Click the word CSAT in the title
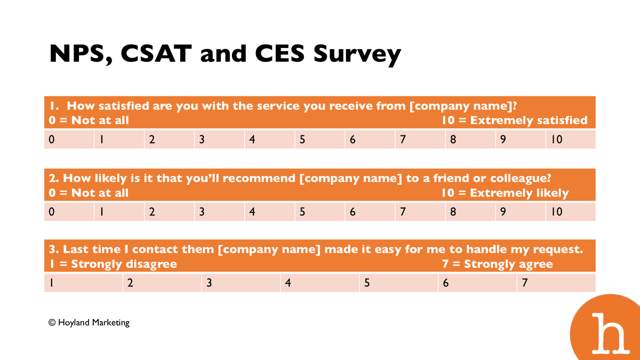[x=156, y=53]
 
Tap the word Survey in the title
[x=357, y=55]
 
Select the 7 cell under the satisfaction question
[x=420, y=139]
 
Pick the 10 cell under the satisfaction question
[x=571, y=139]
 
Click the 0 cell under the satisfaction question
[x=69, y=139]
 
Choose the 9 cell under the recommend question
[x=521, y=212]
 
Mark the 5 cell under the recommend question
[x=319, y=212]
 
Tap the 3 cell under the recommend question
[x=219, y=212]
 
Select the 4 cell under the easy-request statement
[x=319, y=283]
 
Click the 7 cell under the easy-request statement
[x=556, y=283]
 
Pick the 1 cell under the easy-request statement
[x=83, y=283]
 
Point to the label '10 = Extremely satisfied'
[x=515, y=121]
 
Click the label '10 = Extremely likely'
[x=505, y=193]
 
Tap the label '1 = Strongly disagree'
[x=113, y=263]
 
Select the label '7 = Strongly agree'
[x=498, y=263]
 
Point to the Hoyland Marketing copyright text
[x=89, y=323]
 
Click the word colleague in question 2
[x=521, y=179]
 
